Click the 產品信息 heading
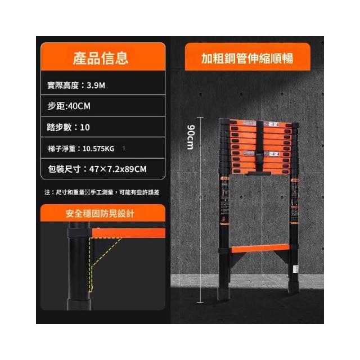click(101, 58)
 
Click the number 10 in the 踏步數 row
click(85, 127)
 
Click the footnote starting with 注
click(101, 192)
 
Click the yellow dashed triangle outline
click(104, 259)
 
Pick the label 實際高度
click(63, 85)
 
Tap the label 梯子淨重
click(63, 148)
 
